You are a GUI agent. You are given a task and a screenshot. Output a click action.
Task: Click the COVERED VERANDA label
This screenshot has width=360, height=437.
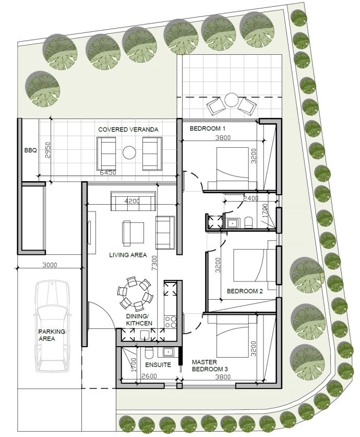tap(128, 129)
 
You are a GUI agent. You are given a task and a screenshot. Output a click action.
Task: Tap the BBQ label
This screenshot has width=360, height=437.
tap(30, 150)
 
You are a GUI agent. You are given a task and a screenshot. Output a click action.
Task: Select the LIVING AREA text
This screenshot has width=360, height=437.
tap(128, 255)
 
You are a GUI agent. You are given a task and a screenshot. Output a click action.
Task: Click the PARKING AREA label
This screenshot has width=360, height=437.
tap(52, 335)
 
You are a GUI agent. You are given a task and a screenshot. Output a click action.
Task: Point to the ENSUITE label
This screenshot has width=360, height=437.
tap(158, 365)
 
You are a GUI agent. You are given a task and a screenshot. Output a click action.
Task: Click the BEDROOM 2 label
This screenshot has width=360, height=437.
tap(245, 291)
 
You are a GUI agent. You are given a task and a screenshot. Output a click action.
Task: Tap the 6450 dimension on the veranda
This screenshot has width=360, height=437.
tap(108, 173)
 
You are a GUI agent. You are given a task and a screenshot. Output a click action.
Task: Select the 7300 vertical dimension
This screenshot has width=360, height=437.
tap(154, 263)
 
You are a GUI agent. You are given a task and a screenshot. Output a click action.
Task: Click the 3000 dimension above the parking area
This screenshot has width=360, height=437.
tap(50, 265)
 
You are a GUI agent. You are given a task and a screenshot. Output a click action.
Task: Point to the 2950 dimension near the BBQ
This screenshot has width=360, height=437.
tap(47, 150)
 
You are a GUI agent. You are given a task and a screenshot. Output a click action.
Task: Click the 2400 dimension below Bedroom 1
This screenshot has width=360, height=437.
tap(250, 198)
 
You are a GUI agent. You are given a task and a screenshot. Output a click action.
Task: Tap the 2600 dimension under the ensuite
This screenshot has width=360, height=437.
tap(149, 376)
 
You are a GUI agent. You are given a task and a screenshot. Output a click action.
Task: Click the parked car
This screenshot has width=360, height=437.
tap(52, 326)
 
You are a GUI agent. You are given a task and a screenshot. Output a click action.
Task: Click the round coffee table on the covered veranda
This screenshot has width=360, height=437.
tap(129, 152)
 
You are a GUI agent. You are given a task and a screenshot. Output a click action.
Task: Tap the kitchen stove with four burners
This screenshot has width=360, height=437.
tap(171, 322)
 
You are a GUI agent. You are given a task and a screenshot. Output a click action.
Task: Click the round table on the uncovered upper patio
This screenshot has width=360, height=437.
tap(231, 100)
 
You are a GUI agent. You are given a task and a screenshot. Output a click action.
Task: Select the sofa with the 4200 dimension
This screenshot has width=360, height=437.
tap(134, 201)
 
